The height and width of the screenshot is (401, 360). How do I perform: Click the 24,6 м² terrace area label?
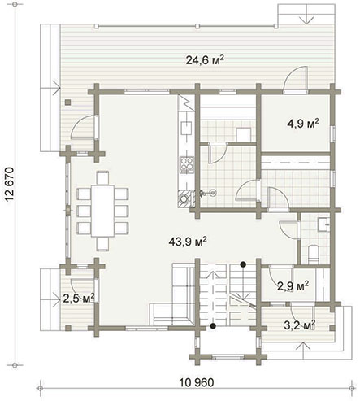coord(205,60)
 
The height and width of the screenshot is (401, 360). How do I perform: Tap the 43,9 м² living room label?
coord(188,242)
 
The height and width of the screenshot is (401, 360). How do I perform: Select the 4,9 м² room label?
coord(302,124)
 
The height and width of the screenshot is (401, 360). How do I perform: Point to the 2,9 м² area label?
coord(293,285)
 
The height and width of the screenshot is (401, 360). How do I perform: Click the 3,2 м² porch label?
coord(300,325)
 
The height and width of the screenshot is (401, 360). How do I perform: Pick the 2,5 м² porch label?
coord(79,299)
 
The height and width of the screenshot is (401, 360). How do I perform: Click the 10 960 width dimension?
coord(197,383)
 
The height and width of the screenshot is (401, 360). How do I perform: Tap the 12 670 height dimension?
coord(10,185)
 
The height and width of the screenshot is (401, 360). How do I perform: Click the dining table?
coord(102,211)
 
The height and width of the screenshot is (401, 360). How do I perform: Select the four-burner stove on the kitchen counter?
coord(187,165)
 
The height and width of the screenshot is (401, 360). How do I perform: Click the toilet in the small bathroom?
coord(313,255)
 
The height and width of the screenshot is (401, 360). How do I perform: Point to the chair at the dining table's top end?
coord(102,178)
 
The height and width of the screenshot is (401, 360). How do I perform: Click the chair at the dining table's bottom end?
coord(102,243)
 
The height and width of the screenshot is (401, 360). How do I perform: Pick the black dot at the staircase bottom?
coord(214,326)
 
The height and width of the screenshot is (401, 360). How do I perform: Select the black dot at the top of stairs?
coord(243,264)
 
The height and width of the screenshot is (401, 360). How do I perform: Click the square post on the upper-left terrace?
coord(67,102)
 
